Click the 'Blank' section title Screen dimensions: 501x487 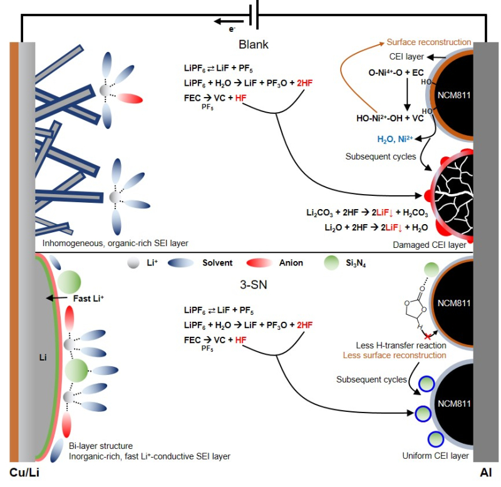[254, 44]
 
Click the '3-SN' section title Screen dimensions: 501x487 [254, 285]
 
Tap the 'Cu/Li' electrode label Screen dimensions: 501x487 [24, 473]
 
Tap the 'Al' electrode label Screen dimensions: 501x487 [486, 473]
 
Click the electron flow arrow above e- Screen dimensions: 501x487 [229, 22]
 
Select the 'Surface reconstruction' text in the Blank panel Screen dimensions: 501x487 [429, 42]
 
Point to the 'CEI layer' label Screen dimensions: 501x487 [406, 56]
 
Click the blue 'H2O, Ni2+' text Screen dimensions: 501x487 [395, 139]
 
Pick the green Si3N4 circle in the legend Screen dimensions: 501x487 [331, 263]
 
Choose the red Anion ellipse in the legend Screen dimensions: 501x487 [259, 263]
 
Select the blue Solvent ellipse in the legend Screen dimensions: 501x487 [180, 263]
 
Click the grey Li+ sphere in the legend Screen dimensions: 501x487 [133, 263]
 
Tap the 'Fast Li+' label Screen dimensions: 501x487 [88, 299]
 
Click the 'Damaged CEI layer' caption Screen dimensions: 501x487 [430, 245]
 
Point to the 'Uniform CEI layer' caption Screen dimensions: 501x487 [435, 456]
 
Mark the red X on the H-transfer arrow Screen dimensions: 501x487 [428, 336]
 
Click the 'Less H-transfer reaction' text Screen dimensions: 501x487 [401, 345]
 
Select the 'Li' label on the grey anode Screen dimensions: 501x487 [43, 357]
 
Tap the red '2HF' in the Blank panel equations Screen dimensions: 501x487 [304, 83]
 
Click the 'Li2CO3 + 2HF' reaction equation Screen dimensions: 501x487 [367, 213]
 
